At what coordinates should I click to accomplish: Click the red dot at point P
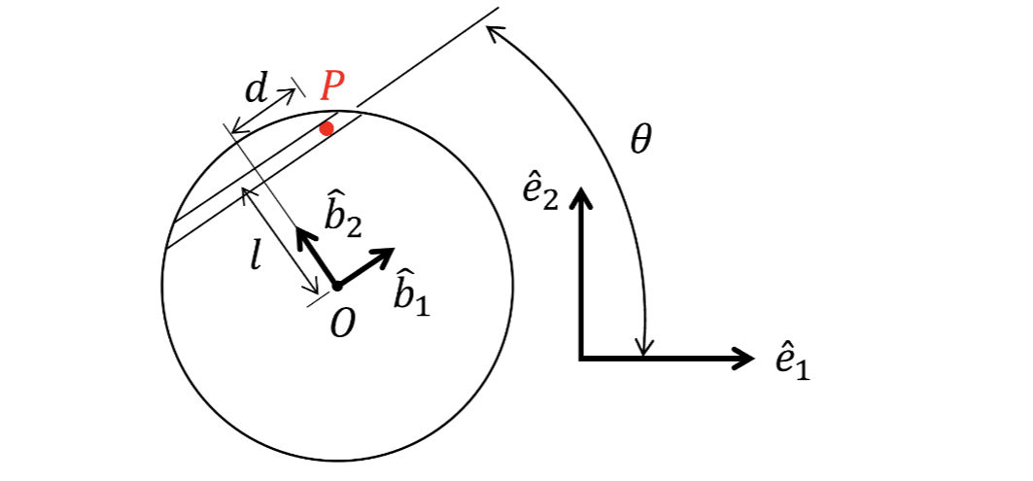(x=327, y=128)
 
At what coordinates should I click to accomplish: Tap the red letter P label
(x=332, y=88)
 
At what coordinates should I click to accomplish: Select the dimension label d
(x=256, y=90)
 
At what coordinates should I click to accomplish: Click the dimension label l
(x=255, y=258)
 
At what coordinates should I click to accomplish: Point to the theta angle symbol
(x=639, y=142)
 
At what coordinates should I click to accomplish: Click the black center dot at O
(x=336, y=286)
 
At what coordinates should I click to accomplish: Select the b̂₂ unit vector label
(x=343, y=217)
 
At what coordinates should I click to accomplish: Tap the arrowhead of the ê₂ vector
(x=581, y=197)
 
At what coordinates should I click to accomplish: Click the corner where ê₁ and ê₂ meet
(x=581, y=359)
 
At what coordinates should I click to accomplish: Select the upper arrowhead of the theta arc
(x=492, y=32)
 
